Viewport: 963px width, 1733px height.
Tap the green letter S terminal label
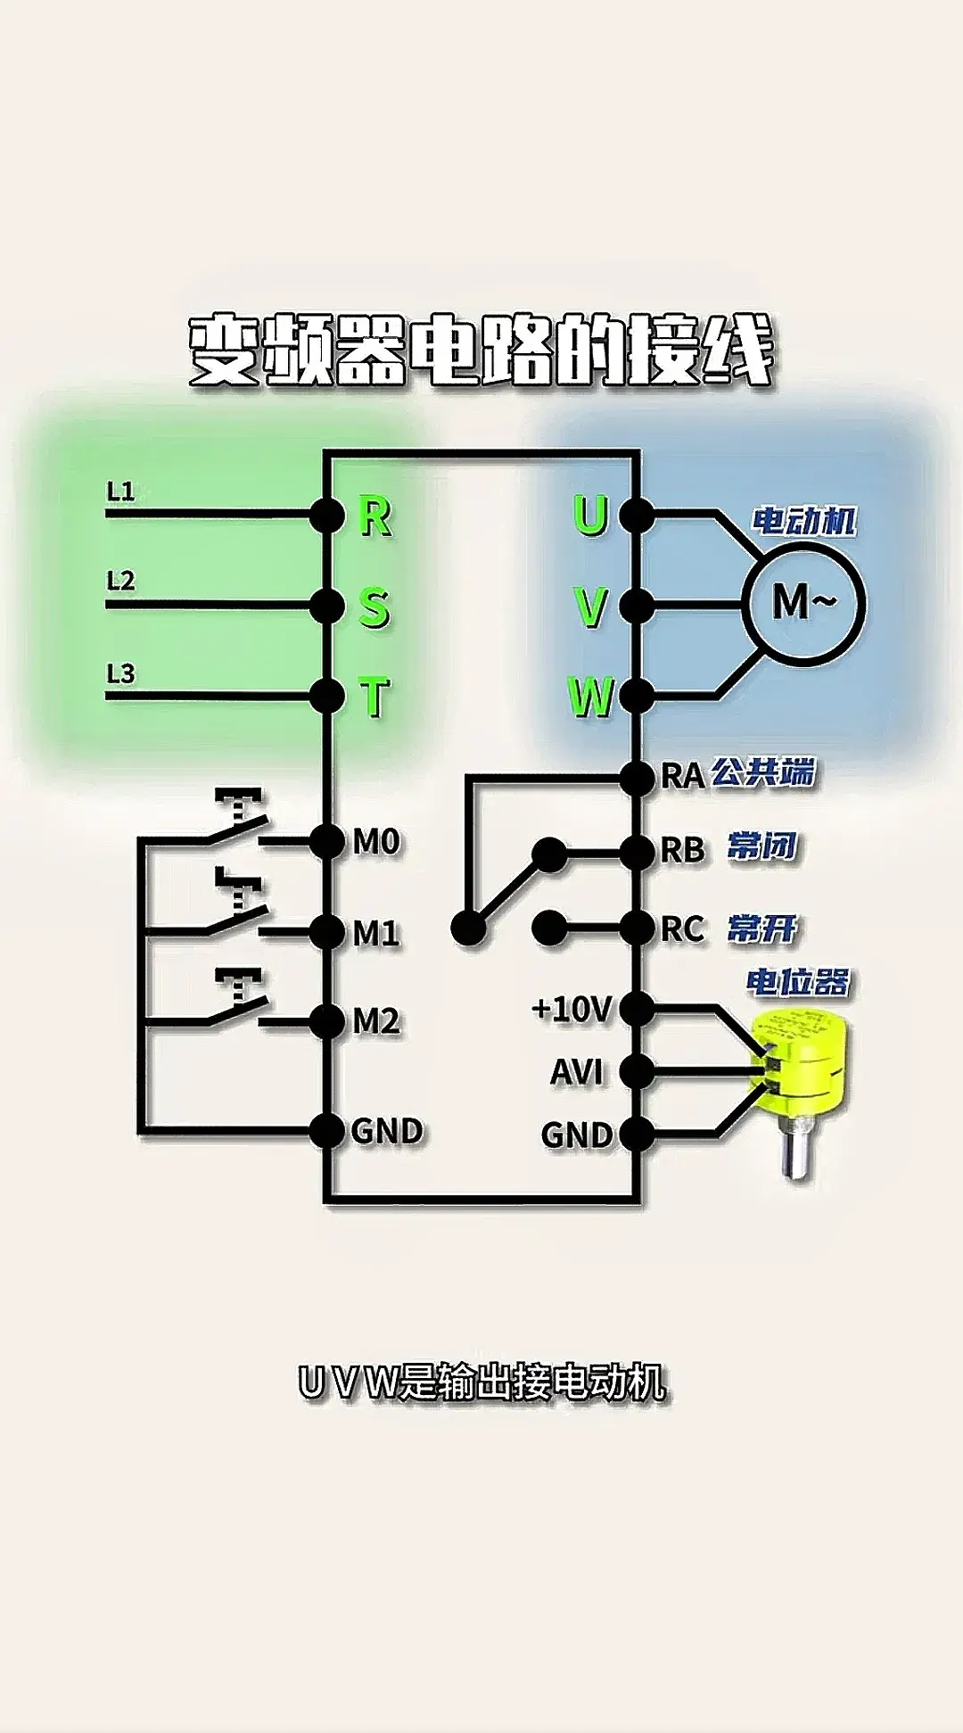coord(374,608)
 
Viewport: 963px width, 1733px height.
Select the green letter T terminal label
coord(375,697)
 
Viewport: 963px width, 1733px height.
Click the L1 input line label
coord(120,491)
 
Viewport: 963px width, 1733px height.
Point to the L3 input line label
coord(120,673)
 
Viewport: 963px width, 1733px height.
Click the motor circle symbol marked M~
coord(804,603)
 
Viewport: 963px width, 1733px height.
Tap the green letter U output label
coord(590,516)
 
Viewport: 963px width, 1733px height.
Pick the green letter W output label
coord(590,697)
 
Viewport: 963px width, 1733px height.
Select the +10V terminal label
coord(572,1010)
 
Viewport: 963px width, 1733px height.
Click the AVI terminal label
coord(577,1072)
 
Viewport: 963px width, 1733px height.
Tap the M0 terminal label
coord(376,841)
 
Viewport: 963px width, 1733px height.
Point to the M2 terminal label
coord(376,1021)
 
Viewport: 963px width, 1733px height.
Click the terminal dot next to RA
coord(637,778)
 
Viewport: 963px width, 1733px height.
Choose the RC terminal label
coord(682,929)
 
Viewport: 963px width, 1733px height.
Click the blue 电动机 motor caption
coord(804,521)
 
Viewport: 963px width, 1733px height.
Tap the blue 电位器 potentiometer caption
coord(798,982)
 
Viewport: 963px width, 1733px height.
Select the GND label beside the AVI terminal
coord(577,1135)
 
